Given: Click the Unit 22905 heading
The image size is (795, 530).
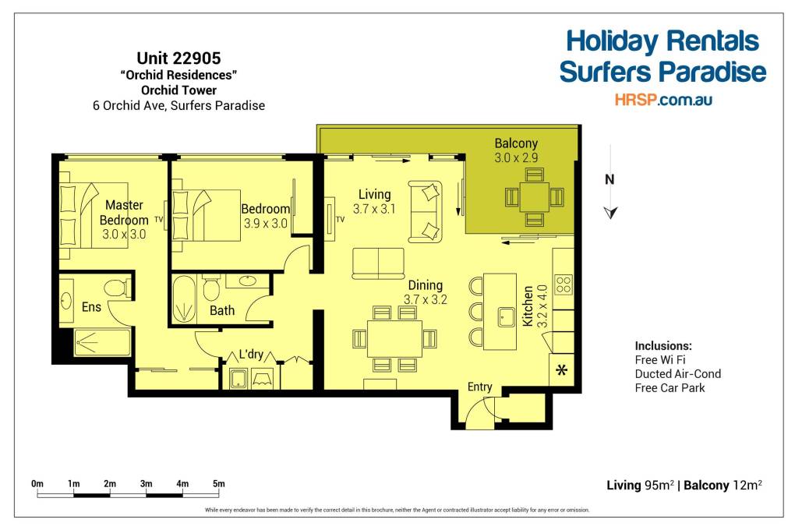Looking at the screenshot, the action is [x=178, y=58].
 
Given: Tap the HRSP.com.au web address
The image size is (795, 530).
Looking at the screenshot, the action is [x=663, y=100].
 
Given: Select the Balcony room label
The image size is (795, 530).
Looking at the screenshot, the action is [x=516, y=143].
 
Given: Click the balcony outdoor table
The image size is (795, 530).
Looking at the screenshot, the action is [x=535, y=196].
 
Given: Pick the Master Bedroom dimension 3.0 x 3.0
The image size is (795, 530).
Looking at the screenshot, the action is [x=124, y=235].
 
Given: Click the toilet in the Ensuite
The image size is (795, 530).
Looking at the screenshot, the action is [x=118, y=288].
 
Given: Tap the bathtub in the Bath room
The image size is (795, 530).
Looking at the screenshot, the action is [x=183, y=299].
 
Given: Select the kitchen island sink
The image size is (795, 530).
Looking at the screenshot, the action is [x=506, y=317].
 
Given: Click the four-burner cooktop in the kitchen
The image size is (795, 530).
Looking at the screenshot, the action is [x=564, y=284].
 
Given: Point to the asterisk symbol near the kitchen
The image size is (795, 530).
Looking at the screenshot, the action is [x=561, y=370].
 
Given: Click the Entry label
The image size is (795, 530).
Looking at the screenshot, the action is [x=479, y=387].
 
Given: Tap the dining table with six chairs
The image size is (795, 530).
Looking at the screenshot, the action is [x=394, y=338].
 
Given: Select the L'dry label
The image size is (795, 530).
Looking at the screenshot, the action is [x=252, y=354].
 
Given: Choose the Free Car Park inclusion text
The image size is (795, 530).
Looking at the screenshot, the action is [x=670, y=388].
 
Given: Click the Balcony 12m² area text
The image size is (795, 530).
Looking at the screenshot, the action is [x=723, y=486].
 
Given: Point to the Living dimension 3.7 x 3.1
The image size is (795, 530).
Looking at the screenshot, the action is [x=374, y=209].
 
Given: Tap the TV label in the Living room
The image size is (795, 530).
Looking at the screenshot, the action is [x=340, y=220].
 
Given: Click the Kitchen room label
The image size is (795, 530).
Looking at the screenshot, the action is [x=528, y=306].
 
